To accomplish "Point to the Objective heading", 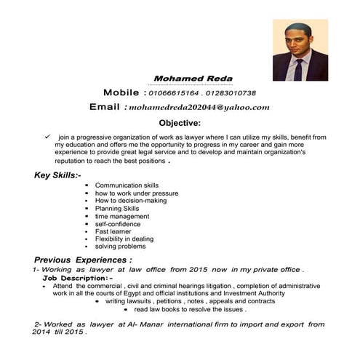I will click(x=180, y=123).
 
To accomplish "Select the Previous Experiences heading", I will click(x=83, y=259).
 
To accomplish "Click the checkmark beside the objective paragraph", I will click(x=47, y=135).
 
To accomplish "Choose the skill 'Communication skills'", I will click(x=127, y=185).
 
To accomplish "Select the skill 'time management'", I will click(x=121, y=216).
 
